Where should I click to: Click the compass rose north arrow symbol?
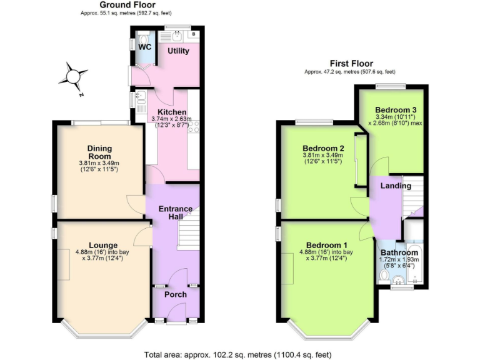[x=74, y=76]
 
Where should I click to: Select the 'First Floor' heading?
[x=351, y=64]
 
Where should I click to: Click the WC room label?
[x=144, y=47]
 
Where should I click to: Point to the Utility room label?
[x=178, y=51]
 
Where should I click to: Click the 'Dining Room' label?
[x=99, y=152]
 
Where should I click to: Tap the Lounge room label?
[x=103, y=244]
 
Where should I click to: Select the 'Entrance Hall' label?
[x=175, y=213]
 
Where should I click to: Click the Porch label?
[x=175, y=294]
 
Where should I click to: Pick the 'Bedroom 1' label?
[x=327, y=244]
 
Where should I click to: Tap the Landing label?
[x=397, y=186]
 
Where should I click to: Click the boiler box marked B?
[x=194, y=34]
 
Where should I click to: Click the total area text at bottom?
[x=241, y=353]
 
